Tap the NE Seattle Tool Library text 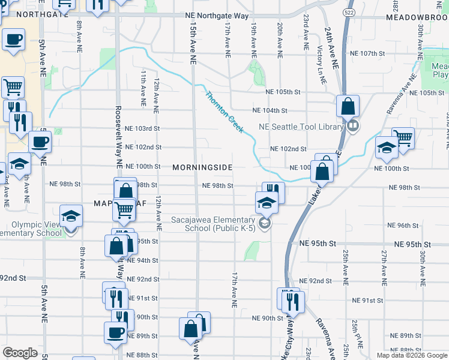click(x=300, y=127)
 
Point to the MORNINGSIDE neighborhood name click(x=202, y=167)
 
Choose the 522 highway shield click(x=349, y=11)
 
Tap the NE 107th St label click(x=367, y=53)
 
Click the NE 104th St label click(x=270, y=110)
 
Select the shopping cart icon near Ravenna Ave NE click(x=403, y=139)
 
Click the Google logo click(x=20, y=353)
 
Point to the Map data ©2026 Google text click(x=412, y=355)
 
